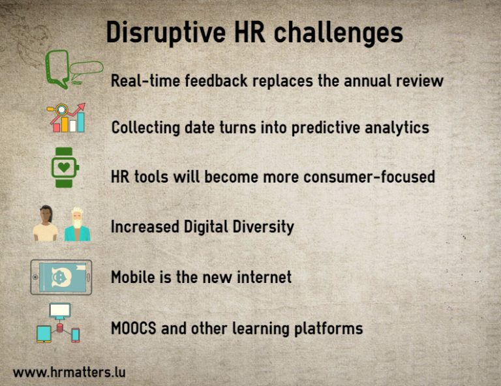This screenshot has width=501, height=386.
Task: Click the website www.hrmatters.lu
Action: pyautogui.click(x=69, y=372)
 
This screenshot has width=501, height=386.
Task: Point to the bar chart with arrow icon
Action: pyautogui.click(x=67, y=118)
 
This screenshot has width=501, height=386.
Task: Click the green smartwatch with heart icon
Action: pyautogui.click(x=65, y=168)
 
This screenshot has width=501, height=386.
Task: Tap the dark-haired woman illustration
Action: pyautogui.click(x=46, y=224)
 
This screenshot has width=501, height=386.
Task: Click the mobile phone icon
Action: pyautogui.click(x=61, y=277)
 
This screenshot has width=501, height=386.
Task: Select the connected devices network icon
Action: pyautogui.click(x=59, y=323)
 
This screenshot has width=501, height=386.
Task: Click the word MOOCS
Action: pyautogui.click(x=134, y=327)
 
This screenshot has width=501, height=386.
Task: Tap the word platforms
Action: pyautogui.click(x=329, y=327)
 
